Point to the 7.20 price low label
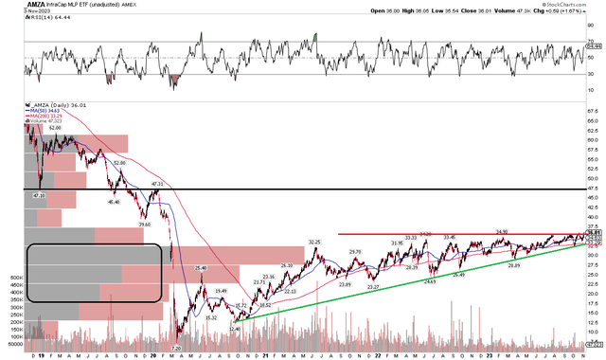pyautogui.click(x=175, y=350)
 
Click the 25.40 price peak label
pyautogui.click(x=200, y=269)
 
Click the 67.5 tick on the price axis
pyautogui.click(x=594, y=111)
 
